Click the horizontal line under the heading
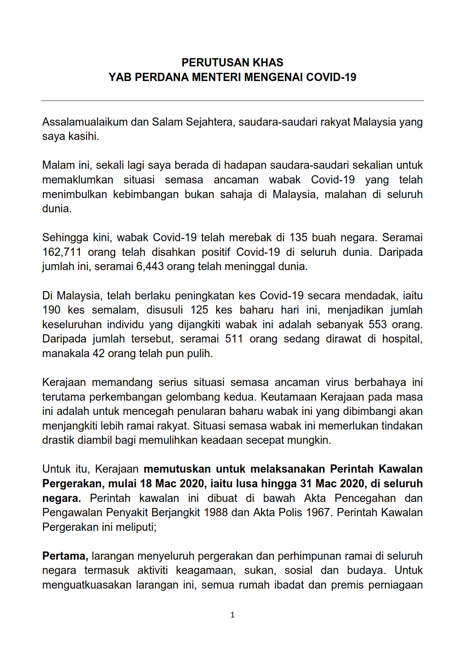click(x=232, y=101)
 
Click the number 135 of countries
click(x=298, y=238)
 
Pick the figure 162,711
click(x=62, y=252)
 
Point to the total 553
click(x=378, y=324)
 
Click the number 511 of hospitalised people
click(x=234, y=339)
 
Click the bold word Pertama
click(x=65, y=556)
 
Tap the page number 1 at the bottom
click(x=232, y=615)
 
